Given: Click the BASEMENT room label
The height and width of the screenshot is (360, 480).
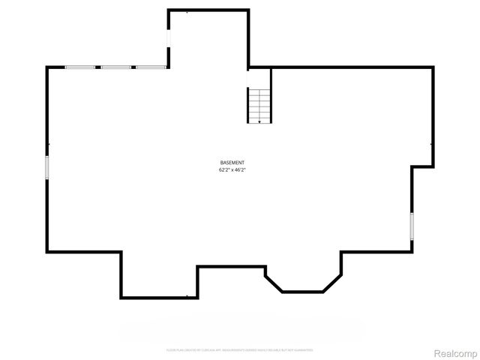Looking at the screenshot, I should click(232, 163).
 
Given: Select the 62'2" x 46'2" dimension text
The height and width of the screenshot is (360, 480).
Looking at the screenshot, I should click(232, 170).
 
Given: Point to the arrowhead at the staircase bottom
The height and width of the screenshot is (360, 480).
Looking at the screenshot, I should click(259, 121).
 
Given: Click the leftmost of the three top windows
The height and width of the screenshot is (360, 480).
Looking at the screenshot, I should click(79, 67).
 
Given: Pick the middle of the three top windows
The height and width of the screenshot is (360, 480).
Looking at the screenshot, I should click(116, 67).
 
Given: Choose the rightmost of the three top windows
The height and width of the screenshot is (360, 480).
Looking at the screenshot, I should click(151, 67).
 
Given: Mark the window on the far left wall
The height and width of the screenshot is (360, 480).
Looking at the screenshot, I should click(47, 166).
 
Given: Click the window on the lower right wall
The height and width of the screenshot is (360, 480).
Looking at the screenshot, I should click(411, 226).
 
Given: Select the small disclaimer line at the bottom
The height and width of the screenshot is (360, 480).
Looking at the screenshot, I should click(239, 350).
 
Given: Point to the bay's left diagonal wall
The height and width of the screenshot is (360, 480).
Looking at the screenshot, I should click(274, 283).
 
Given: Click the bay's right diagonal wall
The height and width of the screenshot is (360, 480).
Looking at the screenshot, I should click(332, 283).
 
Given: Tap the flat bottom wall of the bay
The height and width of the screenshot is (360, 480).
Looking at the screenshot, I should click(303, 292).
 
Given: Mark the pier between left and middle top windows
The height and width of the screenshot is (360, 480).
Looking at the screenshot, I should click(98, 67).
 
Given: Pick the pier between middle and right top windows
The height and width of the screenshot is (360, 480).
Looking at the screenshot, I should click(134, 67).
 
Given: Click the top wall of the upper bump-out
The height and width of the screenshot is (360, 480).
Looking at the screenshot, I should click(208, 10).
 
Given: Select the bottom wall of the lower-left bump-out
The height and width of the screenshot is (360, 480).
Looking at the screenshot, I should click(159, 297).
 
